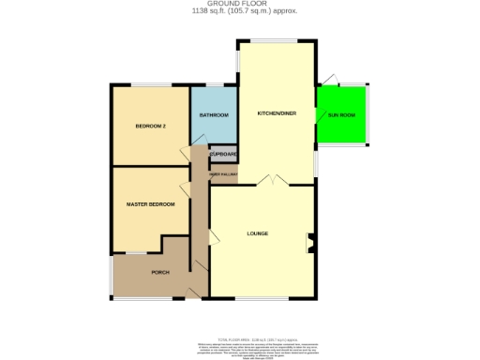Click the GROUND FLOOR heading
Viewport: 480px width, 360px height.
click(x=239, y=4)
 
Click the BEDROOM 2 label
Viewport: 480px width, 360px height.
click(x=150, y=126)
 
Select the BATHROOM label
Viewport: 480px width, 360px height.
click(x=214, y=115)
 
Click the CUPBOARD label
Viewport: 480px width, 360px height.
click(x=223, y=153)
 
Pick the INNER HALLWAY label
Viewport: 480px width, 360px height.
click(x=223, y=174)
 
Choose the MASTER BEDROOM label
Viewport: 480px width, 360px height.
click(x=150, y=203)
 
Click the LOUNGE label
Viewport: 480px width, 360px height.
click(x=258, y=232)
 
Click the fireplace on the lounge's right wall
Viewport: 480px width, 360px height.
click(x=309, y=245)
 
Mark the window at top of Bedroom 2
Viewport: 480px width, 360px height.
click(x=150, y=87)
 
